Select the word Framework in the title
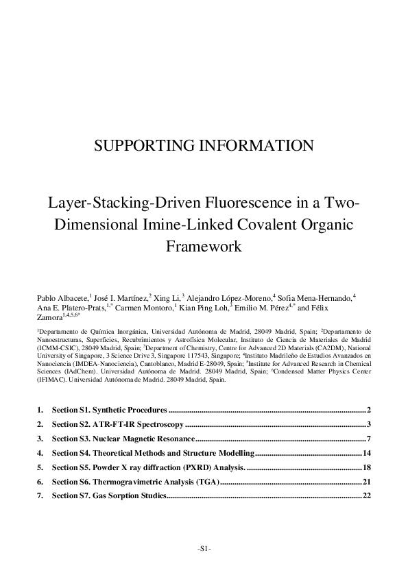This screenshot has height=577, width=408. point(204,246)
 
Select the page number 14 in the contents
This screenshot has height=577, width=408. point(366,454)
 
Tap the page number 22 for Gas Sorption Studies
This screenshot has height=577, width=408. point(366,496)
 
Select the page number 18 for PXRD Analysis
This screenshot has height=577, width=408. point(366,467)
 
